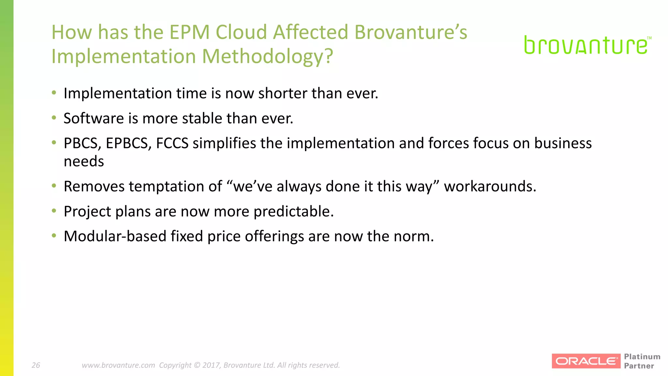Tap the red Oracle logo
(586, 361)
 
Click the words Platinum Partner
(642, 361)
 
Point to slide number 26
(36, 365)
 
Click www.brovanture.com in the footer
(118, 365)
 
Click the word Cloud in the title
(241, 32)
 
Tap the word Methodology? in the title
(267, 56)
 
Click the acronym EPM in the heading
(189, 32)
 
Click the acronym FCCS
(172, 143)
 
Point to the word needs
(84, 162)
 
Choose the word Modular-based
(115, 236)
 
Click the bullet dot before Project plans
(54, 211)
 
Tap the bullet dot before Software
(54, 117)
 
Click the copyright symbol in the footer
(197, 365)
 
